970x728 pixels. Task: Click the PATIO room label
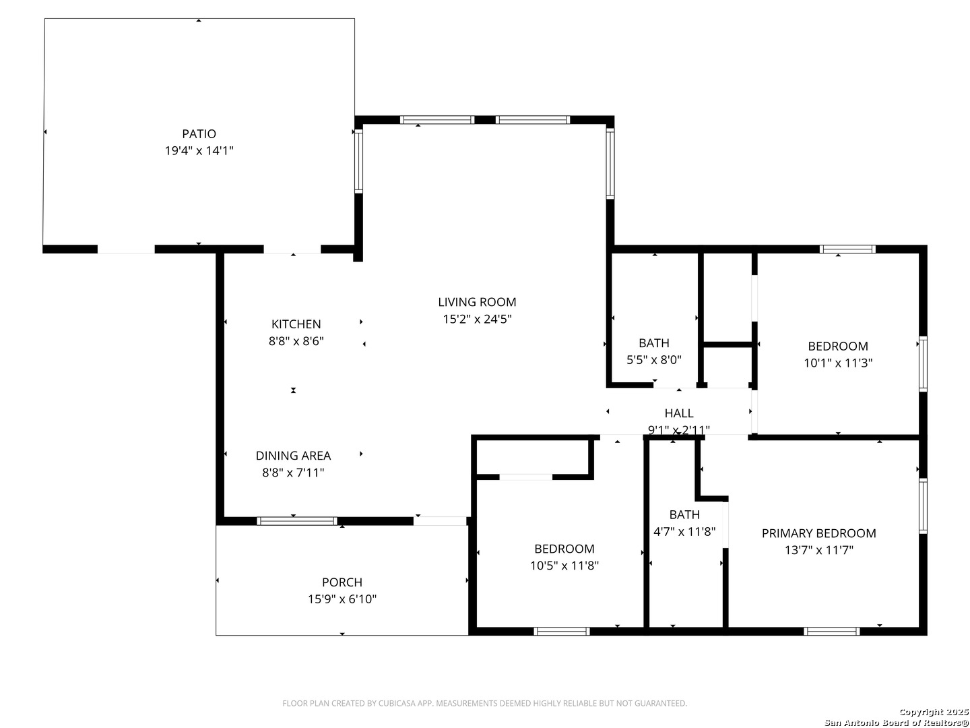[x=199, y=133]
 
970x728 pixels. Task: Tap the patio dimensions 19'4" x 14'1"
[x=199, y=151]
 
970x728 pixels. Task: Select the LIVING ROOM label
[x=477, y=302]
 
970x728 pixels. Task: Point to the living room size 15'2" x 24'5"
[x=478, y=319]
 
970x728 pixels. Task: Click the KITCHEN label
[x=296, y=324]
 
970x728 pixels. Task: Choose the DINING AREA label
[x=294, y=455]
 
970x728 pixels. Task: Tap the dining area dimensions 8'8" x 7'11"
[x=294, y=473]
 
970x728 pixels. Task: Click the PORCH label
[x=342, y=582]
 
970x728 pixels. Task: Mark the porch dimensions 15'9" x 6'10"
[x=342, y=599]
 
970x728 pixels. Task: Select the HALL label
[x=679, y=413]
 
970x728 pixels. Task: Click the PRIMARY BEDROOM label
[x=819, y=533]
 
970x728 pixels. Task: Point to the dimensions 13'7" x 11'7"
[x=819, y=550]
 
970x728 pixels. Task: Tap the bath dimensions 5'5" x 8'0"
[x=654, y=359]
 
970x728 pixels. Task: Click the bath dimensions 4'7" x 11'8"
[x=684, y=531]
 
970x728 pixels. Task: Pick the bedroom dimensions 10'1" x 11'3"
[x=838, y=363]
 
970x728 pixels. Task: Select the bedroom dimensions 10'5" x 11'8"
[x=564, y=566]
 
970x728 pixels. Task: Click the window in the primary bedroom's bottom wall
[x=832, y=631]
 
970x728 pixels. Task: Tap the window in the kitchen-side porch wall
[x=297, y=521]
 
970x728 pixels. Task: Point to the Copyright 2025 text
[x=934, y=712]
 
